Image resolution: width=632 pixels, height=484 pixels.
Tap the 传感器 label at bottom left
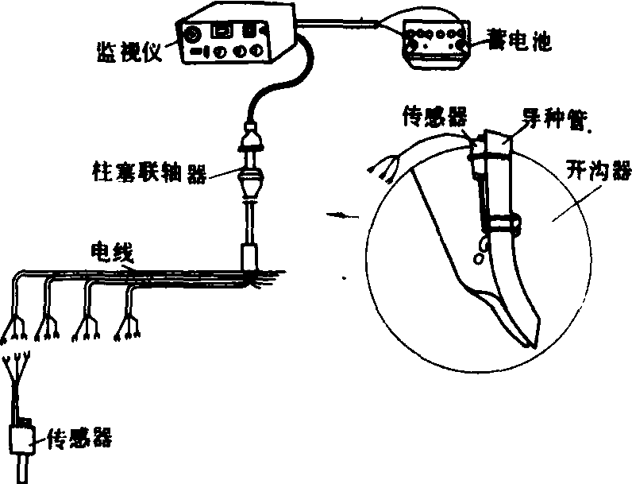[78, 436]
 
